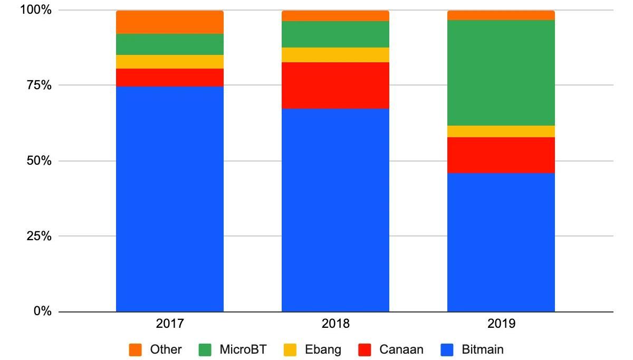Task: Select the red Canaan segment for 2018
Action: tap(335, 86)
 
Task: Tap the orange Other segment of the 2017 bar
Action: tap(169, 22)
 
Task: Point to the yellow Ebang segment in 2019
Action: tap(501, 131)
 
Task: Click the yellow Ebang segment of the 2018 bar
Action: tap(335, 55)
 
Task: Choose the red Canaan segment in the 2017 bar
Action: tap(169, 78)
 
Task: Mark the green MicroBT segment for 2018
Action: tap(335, 34)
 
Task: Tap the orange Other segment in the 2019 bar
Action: tap(501, 15)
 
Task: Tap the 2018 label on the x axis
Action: tap(335, 324)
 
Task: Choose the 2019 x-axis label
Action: tap(501, 324)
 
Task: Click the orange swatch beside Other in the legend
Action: tap(136, 349)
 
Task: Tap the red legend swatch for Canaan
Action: tap(365, 349)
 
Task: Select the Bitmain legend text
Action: tap(483, 349)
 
